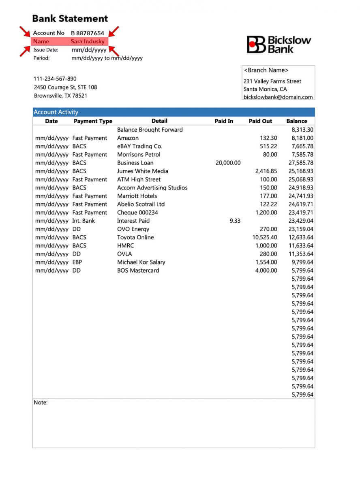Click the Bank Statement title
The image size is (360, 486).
pos(70,19)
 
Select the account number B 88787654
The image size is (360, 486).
pos(88,33)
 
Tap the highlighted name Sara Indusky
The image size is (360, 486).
pos(88,41)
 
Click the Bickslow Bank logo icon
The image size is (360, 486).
pos(255,44)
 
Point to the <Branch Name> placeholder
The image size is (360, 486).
pos(266,70)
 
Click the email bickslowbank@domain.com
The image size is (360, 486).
pos(278,97)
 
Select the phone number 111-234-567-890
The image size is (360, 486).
pos(55,79)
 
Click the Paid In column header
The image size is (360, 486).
pos(224,121)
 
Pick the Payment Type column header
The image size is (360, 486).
pos(93,121)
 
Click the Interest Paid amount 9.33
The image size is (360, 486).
pos(235,221)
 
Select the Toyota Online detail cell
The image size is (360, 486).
pos(135,237)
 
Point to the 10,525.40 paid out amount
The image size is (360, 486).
pos(265,237)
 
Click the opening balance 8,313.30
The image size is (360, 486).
pos(302,130)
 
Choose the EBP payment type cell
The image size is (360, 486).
pos(77,262)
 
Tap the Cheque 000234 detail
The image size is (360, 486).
pos(137,212)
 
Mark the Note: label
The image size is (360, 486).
pos(41,403)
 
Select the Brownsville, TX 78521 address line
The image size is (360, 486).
pos(60,96)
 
